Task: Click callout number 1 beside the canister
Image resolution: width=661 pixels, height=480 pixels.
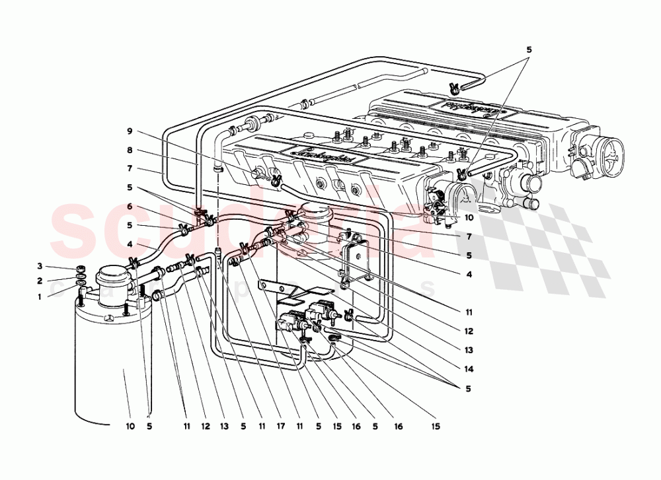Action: (x=39, y=297)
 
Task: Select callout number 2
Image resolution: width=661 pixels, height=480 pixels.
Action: (x=39, y=281)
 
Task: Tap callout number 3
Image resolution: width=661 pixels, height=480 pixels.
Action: (x=39, y=266)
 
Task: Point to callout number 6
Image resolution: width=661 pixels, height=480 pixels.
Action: (x=130, y=206)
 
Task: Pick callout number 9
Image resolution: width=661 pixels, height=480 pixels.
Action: (x=130, y=131)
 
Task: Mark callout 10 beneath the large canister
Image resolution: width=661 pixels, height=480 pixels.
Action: (x=130, y=427)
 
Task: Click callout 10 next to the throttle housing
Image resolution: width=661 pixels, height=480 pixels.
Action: (x=469, y=217)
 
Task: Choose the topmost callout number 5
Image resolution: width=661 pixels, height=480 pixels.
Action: (x=529, y=49)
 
